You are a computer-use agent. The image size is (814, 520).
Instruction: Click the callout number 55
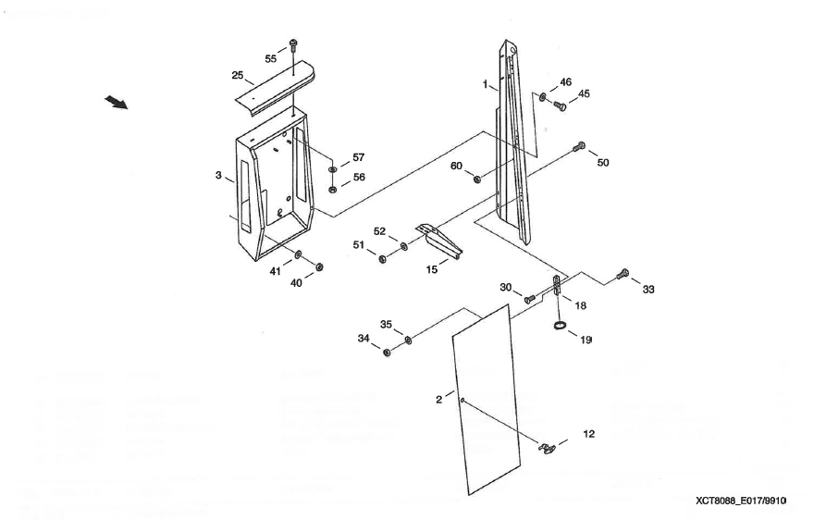point(271,58)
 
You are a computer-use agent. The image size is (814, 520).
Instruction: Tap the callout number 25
point(238,75)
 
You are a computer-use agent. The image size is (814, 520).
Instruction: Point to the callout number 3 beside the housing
point(218,176)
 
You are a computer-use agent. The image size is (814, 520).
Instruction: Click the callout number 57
point(358,158)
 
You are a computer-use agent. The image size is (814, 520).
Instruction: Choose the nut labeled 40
point(320,267)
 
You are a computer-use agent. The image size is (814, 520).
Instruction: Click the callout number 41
point(275,271)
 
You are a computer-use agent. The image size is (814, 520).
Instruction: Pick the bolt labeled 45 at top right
point(559,105)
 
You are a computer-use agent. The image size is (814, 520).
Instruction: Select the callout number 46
point(565,82)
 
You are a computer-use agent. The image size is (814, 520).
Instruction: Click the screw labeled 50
point(580,145)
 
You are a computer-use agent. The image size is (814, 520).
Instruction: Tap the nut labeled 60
point(477,179)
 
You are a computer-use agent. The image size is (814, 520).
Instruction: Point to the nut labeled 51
point(383,257)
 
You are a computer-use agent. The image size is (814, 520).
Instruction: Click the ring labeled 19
point(560,326)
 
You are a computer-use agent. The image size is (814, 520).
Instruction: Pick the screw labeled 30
point(529,298)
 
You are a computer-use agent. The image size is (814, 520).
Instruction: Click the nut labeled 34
point(388,352)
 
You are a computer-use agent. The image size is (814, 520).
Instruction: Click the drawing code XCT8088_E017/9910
point(740,501)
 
